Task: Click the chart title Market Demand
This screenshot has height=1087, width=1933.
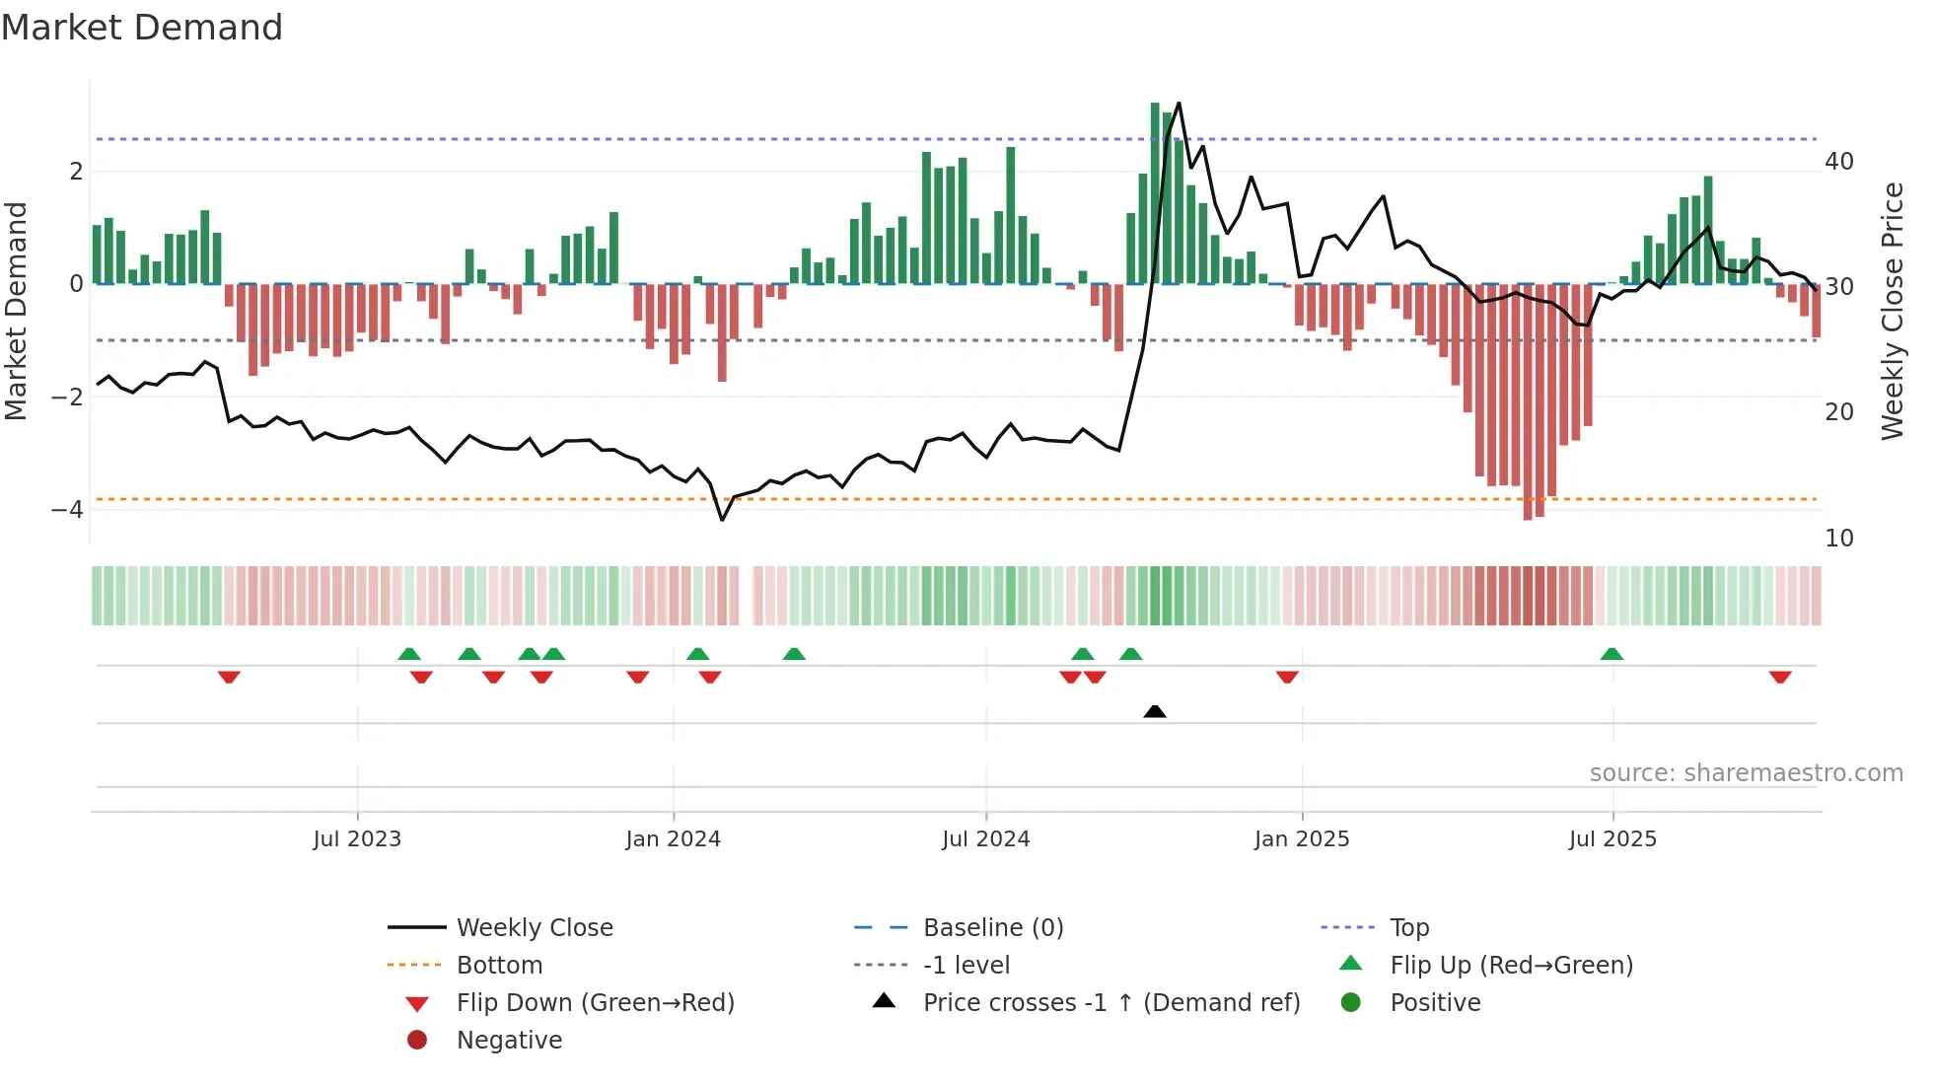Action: [142, 28]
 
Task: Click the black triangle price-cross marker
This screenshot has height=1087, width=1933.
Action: [1155, 711]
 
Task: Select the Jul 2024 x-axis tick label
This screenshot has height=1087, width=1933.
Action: [985, 839]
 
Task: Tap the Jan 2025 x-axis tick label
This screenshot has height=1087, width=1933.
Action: [1301, 839]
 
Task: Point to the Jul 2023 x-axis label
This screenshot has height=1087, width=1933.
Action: [357, 839]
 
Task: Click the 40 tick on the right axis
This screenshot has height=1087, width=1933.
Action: [1838, 162]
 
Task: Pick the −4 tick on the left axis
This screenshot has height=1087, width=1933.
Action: [67, 510]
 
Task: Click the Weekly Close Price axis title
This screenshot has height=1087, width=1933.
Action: [1892, 311]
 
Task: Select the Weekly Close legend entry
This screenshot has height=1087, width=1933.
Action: [534, 928]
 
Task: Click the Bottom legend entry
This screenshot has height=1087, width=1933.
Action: [499, 966]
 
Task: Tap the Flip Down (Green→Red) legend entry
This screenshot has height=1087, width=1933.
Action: [595, 1003]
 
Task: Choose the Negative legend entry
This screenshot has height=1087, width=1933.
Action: [509, 1041]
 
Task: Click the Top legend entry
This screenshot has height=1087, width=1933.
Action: [1408, 928]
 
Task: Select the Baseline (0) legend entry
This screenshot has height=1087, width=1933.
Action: [992, 928]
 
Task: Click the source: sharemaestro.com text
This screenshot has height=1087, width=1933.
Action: [1746, 773]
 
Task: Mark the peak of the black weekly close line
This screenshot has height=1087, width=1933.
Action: [1179, 104]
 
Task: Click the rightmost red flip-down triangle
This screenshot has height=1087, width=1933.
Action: [1780, 677]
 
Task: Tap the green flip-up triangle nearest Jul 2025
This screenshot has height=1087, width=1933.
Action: [1611, 654]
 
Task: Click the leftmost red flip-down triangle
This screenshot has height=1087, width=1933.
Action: [229, 677]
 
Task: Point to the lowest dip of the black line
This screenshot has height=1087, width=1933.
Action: [722, 520]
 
